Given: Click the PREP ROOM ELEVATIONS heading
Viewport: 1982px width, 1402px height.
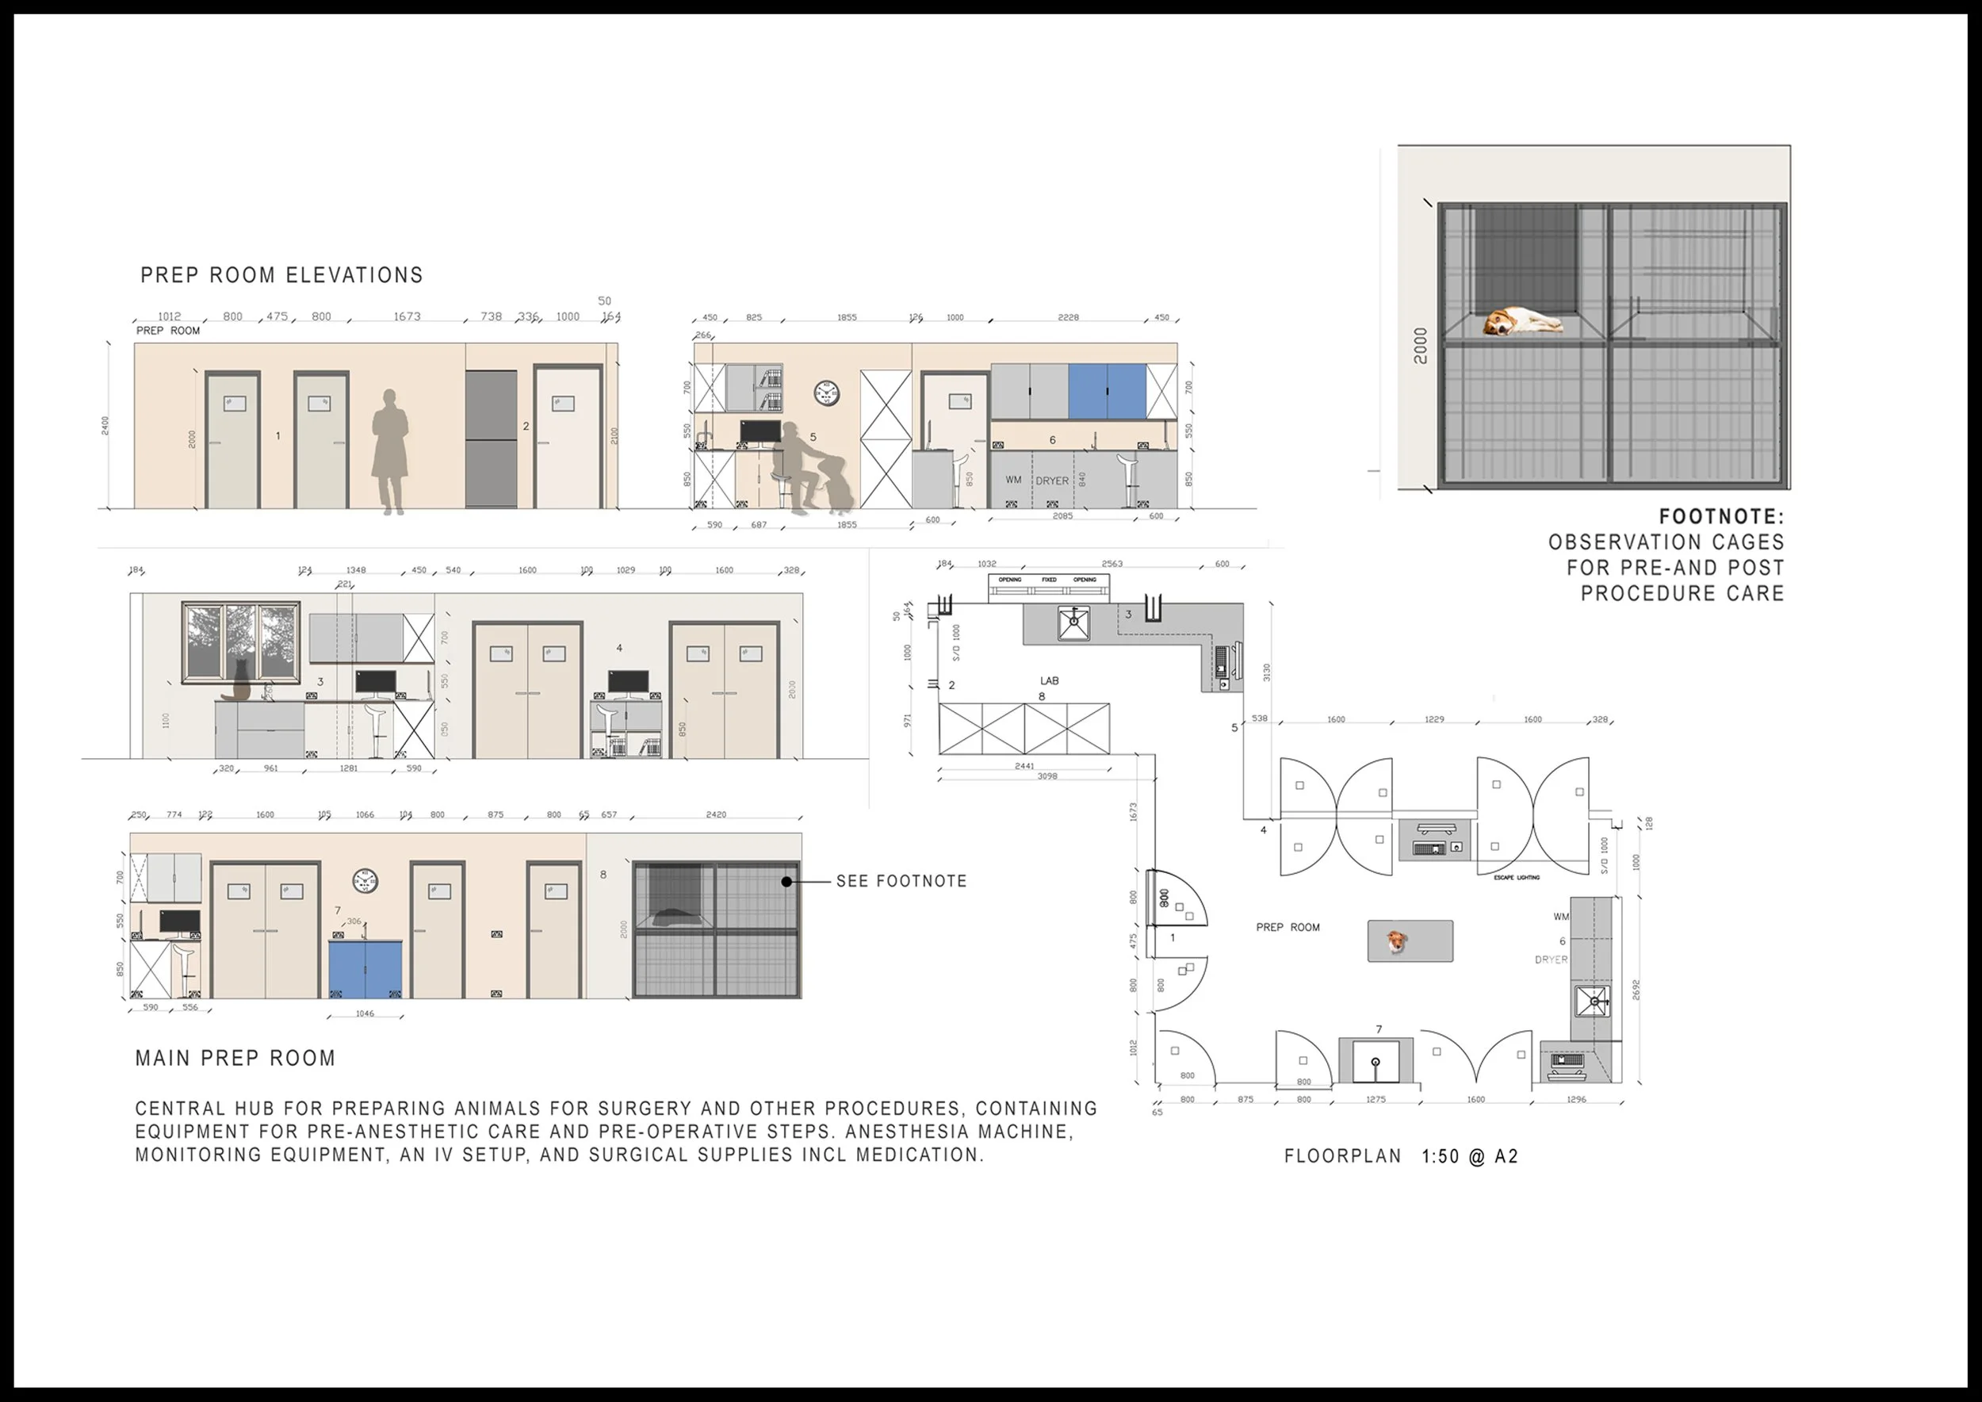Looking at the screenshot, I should (281, 275).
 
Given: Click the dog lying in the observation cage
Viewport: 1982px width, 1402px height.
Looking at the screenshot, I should (1523, 322).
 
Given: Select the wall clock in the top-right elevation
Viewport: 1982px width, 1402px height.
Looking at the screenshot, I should (826, 393).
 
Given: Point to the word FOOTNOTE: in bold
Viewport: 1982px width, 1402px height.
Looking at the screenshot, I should (1721, 517).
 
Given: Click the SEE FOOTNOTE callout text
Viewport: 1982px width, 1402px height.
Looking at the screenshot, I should (901, 882).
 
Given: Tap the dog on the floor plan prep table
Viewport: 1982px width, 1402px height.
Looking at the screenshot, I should (1397, 942).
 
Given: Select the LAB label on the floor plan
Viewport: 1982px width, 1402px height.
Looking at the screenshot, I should (1049, 681).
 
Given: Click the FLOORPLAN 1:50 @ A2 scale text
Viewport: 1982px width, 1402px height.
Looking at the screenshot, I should (1401, 1156).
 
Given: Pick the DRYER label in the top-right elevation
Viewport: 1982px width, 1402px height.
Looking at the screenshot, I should (1051, 481).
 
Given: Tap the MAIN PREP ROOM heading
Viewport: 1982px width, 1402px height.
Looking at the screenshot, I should (235, 1059).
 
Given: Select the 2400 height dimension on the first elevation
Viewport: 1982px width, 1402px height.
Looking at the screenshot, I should (105, 426).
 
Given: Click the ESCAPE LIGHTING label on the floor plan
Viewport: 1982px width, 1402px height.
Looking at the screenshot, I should (1517, 877).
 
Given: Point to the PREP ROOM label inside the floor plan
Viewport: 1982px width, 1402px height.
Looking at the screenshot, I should (1287, 927).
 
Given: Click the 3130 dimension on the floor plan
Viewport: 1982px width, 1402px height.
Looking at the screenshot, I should (1266, 672).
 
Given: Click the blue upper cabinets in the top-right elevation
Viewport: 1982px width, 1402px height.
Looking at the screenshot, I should (1107, 391).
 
